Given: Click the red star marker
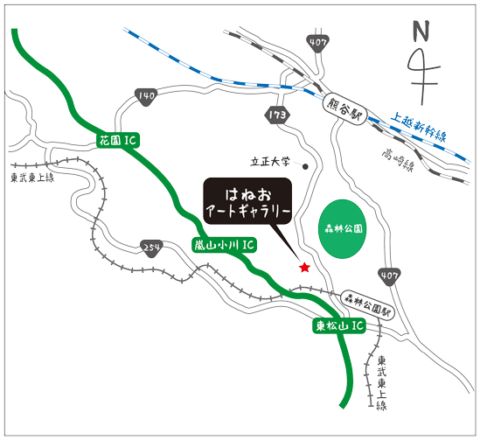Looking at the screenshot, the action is [x=304, y=268].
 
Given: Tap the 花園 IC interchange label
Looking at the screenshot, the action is [x=118, y=141].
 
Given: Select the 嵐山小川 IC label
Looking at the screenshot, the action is [x=225, y=245].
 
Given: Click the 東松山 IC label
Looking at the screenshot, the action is [x=339, y=325].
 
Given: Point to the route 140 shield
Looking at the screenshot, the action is [x=146, y=96].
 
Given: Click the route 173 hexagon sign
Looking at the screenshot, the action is [x=277, y=115].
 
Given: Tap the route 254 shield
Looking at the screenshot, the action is [x=151, y=248].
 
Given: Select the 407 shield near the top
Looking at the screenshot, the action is [x=317, y=43].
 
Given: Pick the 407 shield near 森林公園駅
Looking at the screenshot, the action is [x=389, y=276].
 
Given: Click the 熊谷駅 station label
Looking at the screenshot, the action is [x=344, y=109].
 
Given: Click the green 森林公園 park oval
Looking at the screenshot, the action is [x=342, y=228].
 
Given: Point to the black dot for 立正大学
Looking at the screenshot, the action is [x=305, y=166].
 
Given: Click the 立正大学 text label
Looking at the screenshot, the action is [x=269, y=161].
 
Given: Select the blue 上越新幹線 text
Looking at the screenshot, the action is [x=419, y=127].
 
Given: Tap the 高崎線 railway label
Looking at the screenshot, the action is [x=398, y=161].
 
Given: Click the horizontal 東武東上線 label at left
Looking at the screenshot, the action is [x=32, y=178].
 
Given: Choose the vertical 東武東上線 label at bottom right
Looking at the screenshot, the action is [x=381, y=382].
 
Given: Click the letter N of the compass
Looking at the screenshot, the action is [x=421, y=31].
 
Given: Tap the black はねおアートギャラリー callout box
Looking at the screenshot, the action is [x=247, y=201].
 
